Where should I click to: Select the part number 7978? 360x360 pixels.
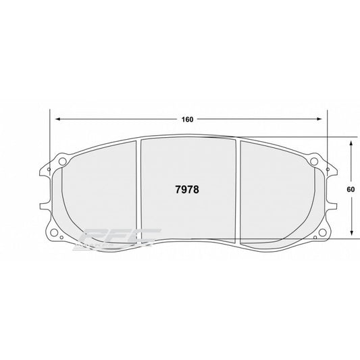(186, 190)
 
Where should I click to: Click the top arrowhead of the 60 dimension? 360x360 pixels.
(351, 144)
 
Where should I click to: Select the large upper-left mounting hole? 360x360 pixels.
(63, 162)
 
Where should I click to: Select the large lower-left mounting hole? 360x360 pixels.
(70, 237)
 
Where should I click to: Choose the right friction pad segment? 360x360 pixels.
(277, 192)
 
